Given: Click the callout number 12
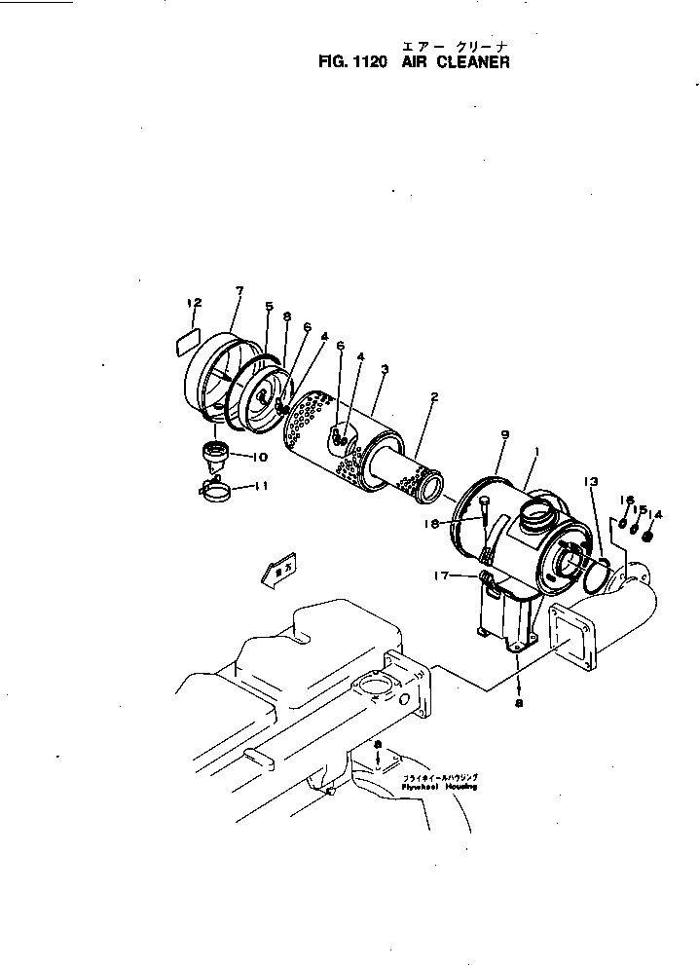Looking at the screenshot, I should tap(194, 303).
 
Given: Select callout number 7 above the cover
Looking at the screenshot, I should tap(239, 290).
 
